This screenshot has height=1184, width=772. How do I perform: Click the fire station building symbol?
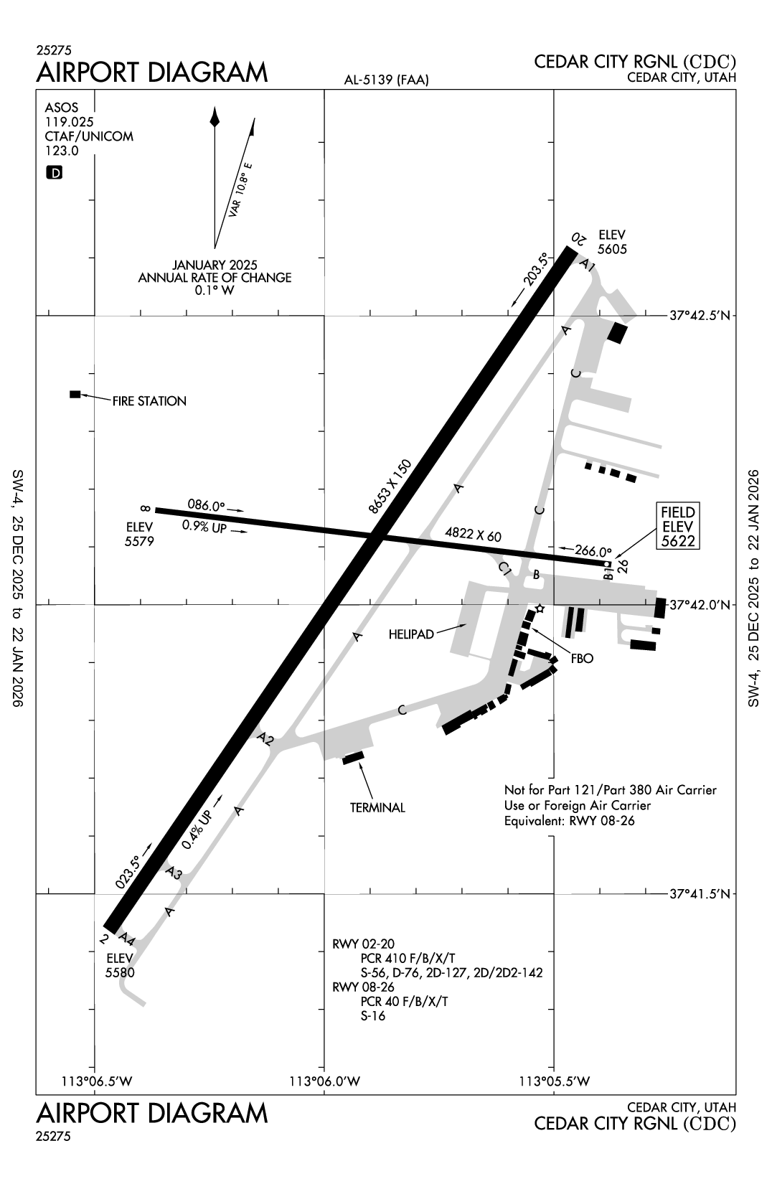pos(75,394)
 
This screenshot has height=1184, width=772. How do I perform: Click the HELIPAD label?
pos(411,634)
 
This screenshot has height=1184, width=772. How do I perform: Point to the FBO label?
pos(582,658)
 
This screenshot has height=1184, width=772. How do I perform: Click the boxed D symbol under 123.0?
pos(54,172)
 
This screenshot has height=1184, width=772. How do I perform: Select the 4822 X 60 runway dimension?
pos(473,535)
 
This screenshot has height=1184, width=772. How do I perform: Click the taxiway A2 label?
pos(265,739)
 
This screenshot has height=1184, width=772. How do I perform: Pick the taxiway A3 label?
pos(174,873)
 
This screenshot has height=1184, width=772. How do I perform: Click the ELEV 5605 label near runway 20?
pos(612,242)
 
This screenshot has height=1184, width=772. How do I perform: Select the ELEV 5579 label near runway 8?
pos(139,535)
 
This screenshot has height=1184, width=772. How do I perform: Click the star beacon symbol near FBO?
pos(540,609)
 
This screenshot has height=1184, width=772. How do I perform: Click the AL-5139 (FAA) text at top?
pos(386,80)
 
